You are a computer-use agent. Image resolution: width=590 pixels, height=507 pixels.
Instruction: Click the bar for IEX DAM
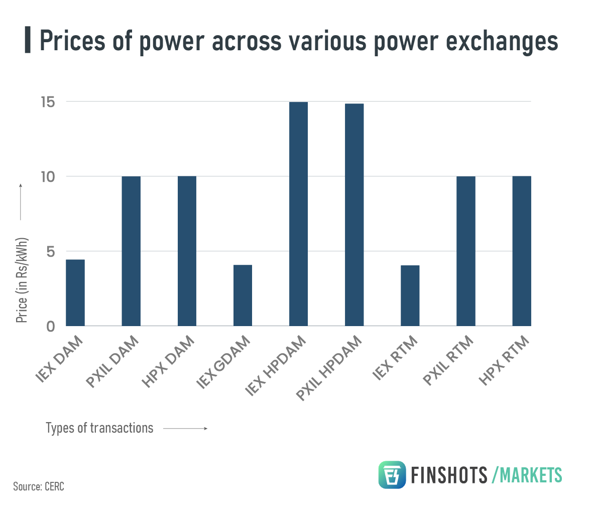pos(75,292)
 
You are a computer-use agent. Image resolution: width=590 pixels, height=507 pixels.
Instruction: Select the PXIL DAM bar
pos(131,251)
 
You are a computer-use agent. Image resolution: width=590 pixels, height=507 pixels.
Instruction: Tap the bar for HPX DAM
pos(187,251)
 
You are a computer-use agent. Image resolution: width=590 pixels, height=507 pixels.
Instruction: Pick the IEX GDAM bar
pos(243,295)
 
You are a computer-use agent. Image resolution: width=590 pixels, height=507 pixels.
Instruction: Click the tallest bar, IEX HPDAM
pos(298,214)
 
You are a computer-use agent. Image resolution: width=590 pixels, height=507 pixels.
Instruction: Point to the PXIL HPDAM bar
pos(354,215)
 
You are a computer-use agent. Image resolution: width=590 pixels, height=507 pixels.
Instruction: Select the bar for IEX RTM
pos(410,295)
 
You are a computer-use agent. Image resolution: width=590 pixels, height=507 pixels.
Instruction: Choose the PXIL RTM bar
pos(465,251)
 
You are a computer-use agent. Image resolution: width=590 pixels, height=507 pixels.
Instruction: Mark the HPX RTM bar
pos(521,251)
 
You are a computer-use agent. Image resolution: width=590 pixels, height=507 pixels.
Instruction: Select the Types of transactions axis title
pos(99,428)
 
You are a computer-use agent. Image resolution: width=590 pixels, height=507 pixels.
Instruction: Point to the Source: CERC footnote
pos(39,486)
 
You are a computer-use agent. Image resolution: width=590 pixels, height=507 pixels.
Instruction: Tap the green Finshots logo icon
pos(392,475)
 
